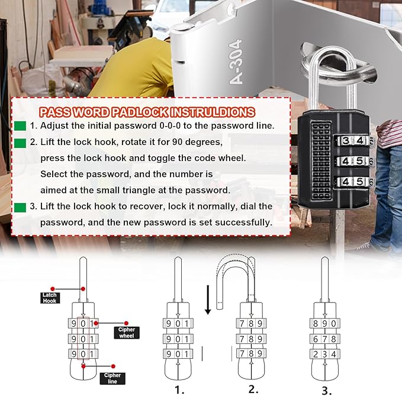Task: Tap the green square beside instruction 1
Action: [x=20, y=126]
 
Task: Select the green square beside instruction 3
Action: [x=20, y=207]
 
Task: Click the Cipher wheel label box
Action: [x=126, y=332]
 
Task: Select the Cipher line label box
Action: [x=112, y=378]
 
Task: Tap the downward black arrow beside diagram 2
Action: [x=208, y=300]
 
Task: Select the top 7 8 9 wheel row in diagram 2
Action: [x=249, y=324]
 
